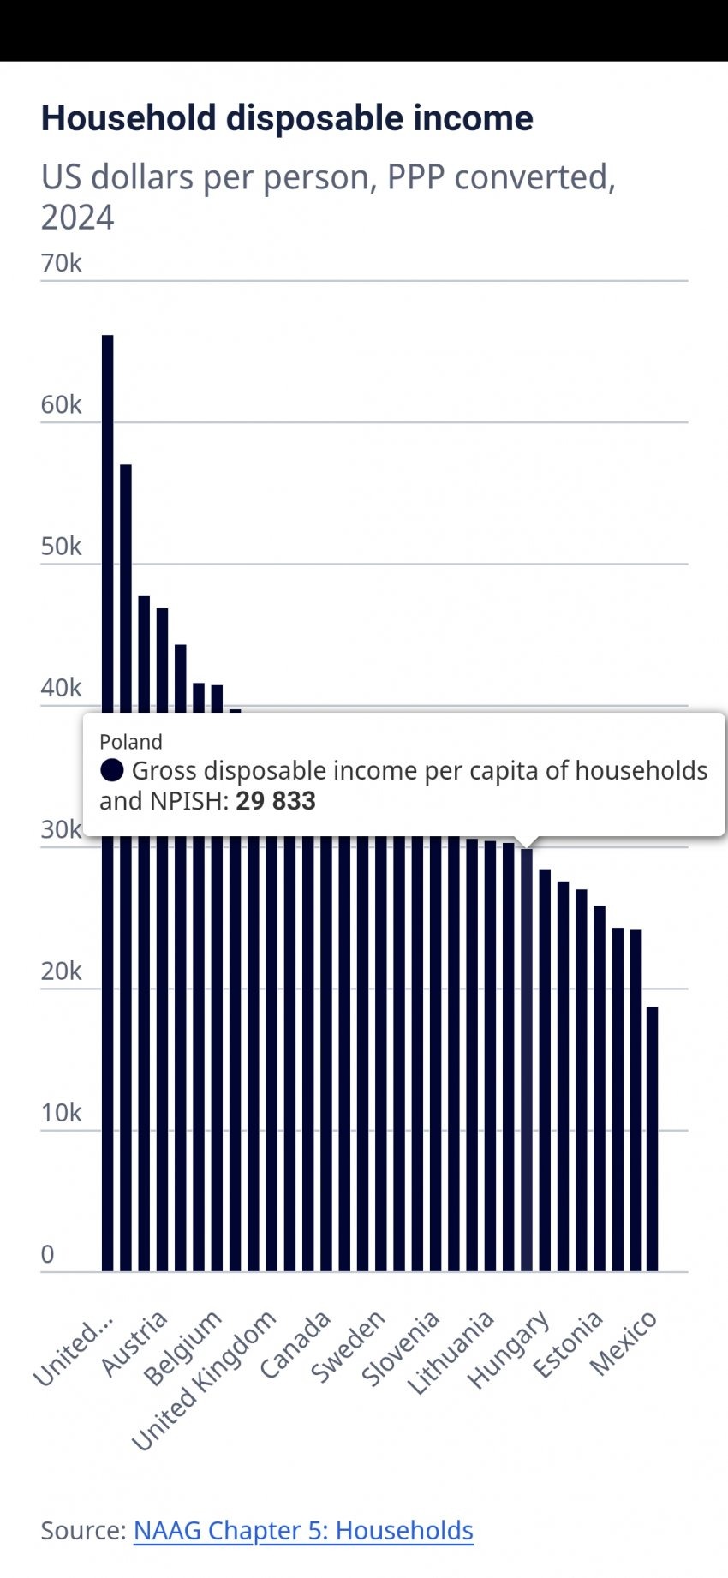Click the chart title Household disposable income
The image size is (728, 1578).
[x=287, y=118]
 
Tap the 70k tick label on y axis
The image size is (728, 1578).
[x=61, y=263]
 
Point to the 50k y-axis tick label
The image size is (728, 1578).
[x=61, y=547]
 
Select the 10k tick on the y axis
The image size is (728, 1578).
[x=61, y=1113]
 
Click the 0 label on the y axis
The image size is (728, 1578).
[x=48, y=1254]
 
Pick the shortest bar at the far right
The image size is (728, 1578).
[x=653, y=1139]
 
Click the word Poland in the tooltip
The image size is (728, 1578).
[x=131, y=742]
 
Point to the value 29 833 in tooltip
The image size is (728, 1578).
[x=276, y=801]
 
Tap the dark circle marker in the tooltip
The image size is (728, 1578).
[x=112, y=770]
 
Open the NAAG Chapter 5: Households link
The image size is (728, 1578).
[x=303, y=1530]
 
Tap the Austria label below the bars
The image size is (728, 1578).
[x=134, y=1342]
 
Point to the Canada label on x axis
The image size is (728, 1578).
[x=295, y=1344]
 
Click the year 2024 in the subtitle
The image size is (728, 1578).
[x=77, y=218]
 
